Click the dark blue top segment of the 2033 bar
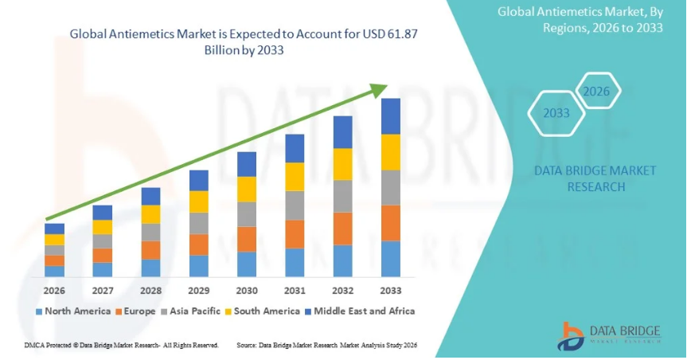click(390, 116)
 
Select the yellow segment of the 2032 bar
click(342, 164)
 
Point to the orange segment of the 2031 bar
click(295, 233)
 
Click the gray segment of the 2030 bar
click(247, 213)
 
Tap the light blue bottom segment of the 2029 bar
click(199, 266)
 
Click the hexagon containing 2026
click(596, 92)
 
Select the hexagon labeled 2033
click(556, 113)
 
